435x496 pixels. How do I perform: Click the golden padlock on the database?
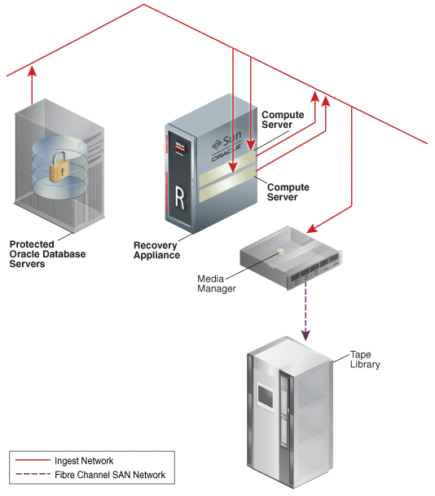[59, 167]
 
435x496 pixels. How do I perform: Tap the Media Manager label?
[217, 283]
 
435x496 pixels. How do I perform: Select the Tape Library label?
[365, 359]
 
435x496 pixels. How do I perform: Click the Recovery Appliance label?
[156, 250]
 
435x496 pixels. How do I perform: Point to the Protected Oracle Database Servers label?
[47, 254]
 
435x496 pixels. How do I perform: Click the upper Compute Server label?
[283, 120]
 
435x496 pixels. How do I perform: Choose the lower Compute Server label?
[288, 192]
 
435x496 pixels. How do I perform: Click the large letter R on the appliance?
[180, 198]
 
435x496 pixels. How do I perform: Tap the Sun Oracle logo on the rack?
[227, 145]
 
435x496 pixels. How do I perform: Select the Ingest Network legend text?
[84, 461]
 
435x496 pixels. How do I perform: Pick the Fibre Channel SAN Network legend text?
[110, 475]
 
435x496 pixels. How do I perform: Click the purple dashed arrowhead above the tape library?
[305, 336]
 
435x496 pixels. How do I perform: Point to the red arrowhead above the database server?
[32, 71]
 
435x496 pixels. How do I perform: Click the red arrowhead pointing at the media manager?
[312, 228]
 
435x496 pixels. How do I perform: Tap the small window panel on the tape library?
[266, 396]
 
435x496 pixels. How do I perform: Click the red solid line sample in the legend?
[33, 459]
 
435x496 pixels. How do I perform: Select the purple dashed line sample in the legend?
[33, 474]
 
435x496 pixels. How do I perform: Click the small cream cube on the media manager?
[280, 251]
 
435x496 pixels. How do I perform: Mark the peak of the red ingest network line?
[144, 4]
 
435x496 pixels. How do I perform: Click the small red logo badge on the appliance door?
[180, 147]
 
